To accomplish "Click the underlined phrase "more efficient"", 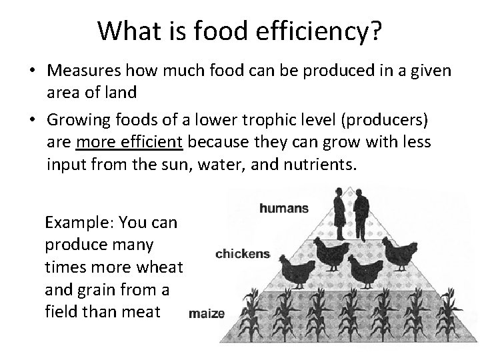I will click(131, 141).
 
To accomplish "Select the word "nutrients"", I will click(319, 163).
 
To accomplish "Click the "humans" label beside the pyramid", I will click(284, 208).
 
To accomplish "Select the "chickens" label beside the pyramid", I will click(243, 253).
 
